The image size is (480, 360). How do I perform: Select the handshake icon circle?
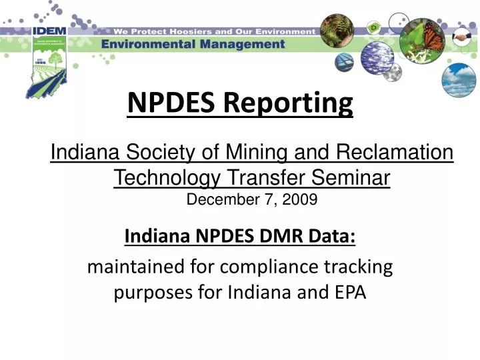click(462, 39)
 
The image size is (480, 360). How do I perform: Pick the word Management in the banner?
click(239, 44)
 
